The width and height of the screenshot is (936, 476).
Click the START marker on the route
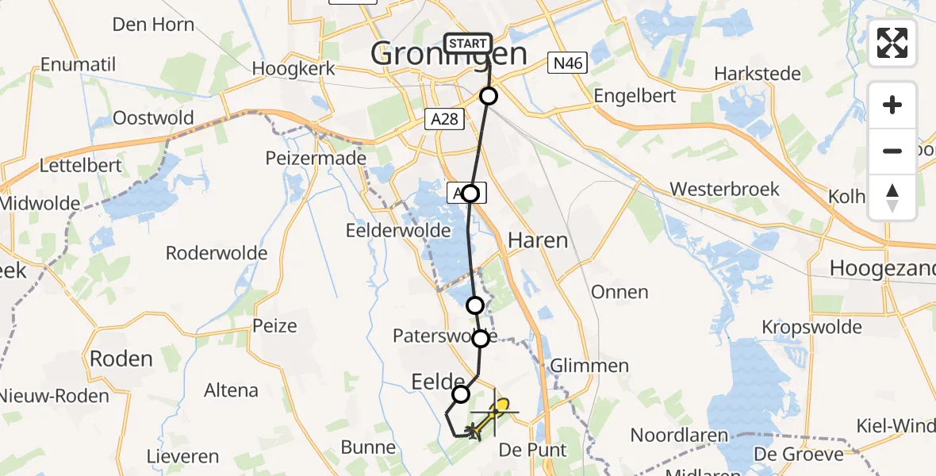(468, 44)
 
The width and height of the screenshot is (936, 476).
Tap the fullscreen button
(892, 43)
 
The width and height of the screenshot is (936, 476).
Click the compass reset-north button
(892, 198)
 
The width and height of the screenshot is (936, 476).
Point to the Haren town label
(537, 240)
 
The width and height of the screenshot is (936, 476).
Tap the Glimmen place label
(589, 367)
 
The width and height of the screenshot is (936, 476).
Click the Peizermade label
(316, 158)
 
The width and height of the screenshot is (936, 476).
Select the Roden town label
(121, 359)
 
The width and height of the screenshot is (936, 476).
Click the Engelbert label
(635, 96)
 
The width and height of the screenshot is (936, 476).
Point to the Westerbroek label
(724, 190)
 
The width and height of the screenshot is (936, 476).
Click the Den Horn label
(153, 25)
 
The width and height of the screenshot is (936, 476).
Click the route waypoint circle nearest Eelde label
(461, 394)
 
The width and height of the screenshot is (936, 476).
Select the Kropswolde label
(811, 327)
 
